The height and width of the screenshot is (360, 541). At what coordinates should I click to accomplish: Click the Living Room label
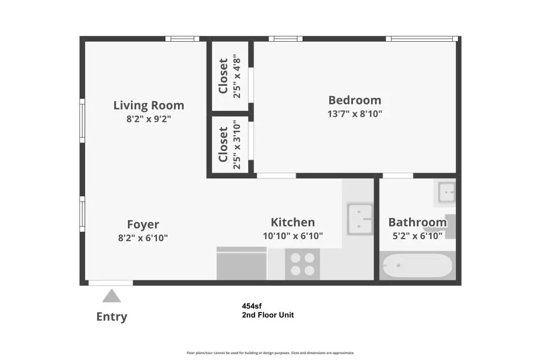pyautogui.click(x=148, y=105)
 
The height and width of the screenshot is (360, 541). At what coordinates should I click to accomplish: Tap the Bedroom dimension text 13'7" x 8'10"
pyautogui.click(x=355, y=114)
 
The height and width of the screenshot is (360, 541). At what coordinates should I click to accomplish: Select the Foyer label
pyautogui.click(x=143, y=224)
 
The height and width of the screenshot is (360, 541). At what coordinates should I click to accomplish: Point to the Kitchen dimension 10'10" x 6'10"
pyautogui.click(x=293, y=236)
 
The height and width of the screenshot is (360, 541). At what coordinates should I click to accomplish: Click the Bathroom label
pyautogui.click(x=417, y=222)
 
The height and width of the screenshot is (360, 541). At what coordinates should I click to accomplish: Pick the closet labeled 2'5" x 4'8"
pyautogui.click(x=230, y=76)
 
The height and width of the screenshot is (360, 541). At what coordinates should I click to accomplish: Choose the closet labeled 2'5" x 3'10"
pyautogui.click(x=230, y=145)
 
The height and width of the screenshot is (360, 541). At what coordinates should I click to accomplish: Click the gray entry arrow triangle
pyautogui.click(x=111, y=296)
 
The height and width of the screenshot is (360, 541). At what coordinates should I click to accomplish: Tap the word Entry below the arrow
pyautogui.click(x=112, y=317)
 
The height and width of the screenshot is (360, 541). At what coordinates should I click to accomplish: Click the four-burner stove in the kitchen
pyautogui.click(x=302, y=264)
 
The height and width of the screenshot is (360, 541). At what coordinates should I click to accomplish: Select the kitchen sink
pyautogui.click(x=359, y=219)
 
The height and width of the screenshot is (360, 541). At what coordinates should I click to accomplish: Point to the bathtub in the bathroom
pyautogui.click(x=417, y=266)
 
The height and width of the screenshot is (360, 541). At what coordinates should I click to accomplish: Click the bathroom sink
pyautogui.click(x=447, y=193)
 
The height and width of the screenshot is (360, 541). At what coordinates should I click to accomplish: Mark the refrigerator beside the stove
pyautogui.click(x=241, y=263)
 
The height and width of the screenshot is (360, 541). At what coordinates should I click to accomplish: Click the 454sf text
pyautogui.click(x=252, y=306)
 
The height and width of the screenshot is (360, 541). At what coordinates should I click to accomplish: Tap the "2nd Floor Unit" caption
pyautogui.click(x=268, y=315)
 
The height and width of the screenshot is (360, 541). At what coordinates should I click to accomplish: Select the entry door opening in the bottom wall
pyautogui.click(x=111, y=283)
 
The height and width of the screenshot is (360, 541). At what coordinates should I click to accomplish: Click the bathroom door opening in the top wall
pyautogui.click(x=398, y=176)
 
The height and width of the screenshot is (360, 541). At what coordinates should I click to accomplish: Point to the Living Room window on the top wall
pyautogui.click(x=182, y=39)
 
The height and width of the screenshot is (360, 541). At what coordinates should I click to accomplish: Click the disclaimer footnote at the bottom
pyautogui.click(x=270, y=353)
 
